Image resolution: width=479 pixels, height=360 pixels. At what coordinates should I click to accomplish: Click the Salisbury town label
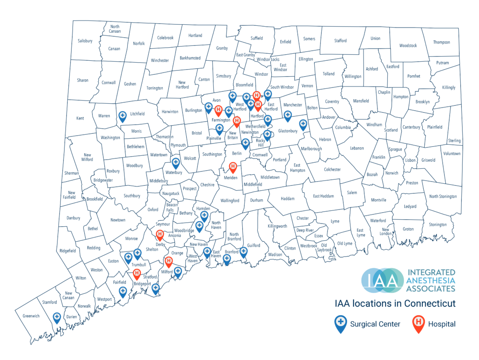[85, 41]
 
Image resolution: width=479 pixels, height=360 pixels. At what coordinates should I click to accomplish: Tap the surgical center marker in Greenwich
[57, 318]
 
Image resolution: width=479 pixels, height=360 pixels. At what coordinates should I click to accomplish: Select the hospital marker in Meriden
[232, 167]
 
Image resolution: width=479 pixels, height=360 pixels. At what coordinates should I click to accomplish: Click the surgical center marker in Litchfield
[123, 115]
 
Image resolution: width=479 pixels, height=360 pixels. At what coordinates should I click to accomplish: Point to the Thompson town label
[441, 42]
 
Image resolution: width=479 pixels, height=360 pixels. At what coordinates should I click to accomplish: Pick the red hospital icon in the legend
[419, 323]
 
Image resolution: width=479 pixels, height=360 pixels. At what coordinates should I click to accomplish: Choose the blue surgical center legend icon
[341, 323]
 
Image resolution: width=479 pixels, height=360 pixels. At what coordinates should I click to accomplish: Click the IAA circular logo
[382, 280]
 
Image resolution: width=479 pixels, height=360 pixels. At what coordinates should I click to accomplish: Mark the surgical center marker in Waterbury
[176, 163]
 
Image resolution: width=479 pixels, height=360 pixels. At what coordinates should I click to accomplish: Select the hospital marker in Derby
[160, 235]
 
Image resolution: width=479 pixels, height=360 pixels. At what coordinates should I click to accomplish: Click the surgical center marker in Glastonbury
[303, 124]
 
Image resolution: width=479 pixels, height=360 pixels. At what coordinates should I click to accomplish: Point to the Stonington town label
[438, 224]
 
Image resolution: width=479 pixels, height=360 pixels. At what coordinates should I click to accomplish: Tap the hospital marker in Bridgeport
[137, 274]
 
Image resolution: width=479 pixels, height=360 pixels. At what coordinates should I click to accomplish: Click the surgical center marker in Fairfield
[123, 292]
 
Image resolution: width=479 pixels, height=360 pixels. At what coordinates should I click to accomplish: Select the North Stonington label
[443, 196]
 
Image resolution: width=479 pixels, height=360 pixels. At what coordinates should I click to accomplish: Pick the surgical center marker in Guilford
[243, 252]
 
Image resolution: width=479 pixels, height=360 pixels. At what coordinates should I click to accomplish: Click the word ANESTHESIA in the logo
[431, 280]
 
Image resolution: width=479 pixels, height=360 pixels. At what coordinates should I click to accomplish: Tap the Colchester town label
[332, 170]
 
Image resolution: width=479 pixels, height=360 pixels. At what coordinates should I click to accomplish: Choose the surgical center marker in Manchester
[288, 115]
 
